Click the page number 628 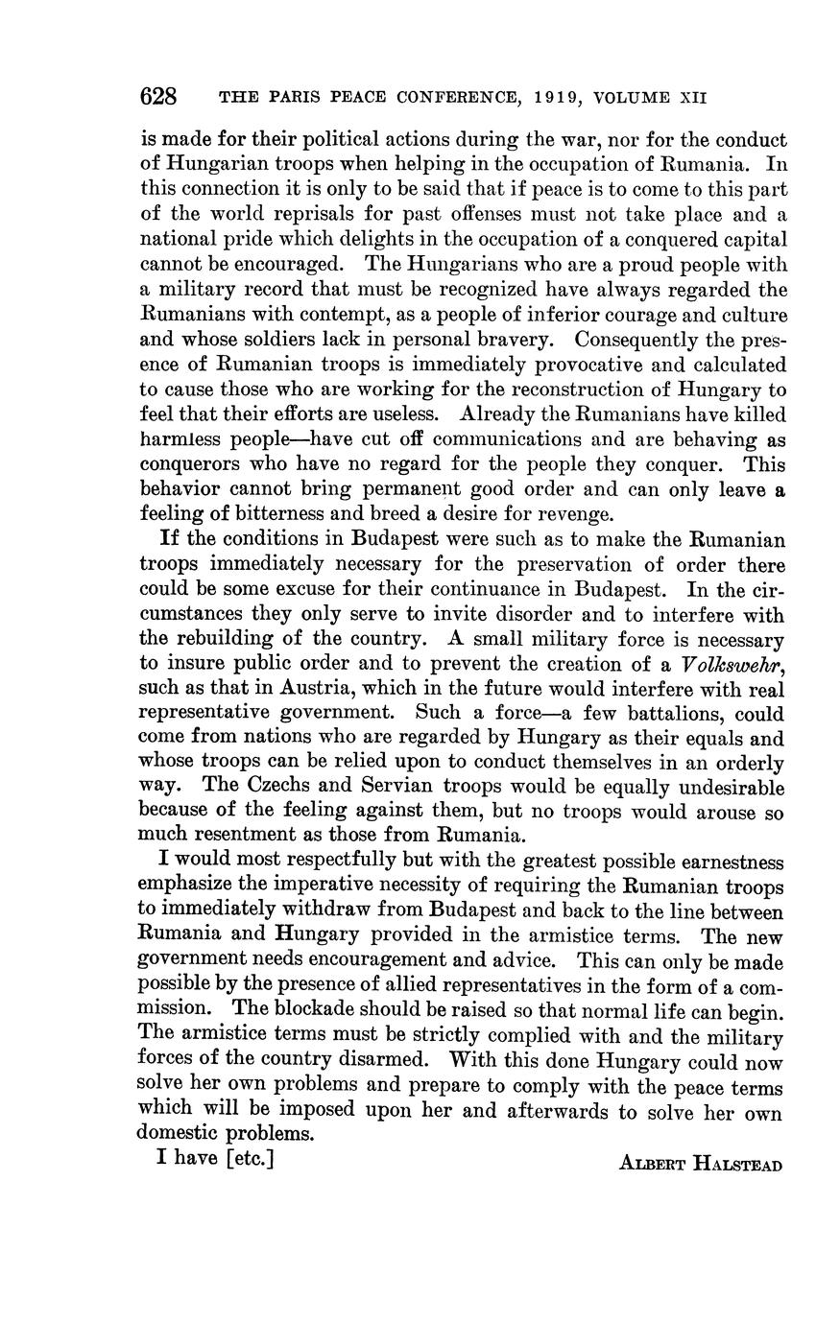pos(159,97)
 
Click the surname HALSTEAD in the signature pos(738,1166)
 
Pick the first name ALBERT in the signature pos(654,1166)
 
